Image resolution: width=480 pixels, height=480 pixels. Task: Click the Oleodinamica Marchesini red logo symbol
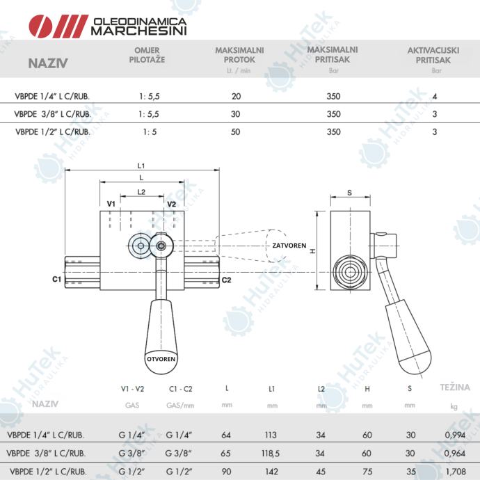point(58,26)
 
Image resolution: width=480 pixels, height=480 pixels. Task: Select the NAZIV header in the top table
point(48,63)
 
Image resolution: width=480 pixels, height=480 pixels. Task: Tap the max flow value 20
point(236,97)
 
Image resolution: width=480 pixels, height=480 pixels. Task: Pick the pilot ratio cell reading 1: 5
point(150,132)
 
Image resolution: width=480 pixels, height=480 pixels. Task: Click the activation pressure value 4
point(435,97)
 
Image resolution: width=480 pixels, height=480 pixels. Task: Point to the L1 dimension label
point(141,166)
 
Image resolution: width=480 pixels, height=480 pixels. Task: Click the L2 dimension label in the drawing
point(141,192)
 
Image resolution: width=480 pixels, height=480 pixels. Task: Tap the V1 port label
point(111,204)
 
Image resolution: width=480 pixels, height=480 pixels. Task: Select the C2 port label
point(226,280)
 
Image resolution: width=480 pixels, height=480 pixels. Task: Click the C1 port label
point(56,279)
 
